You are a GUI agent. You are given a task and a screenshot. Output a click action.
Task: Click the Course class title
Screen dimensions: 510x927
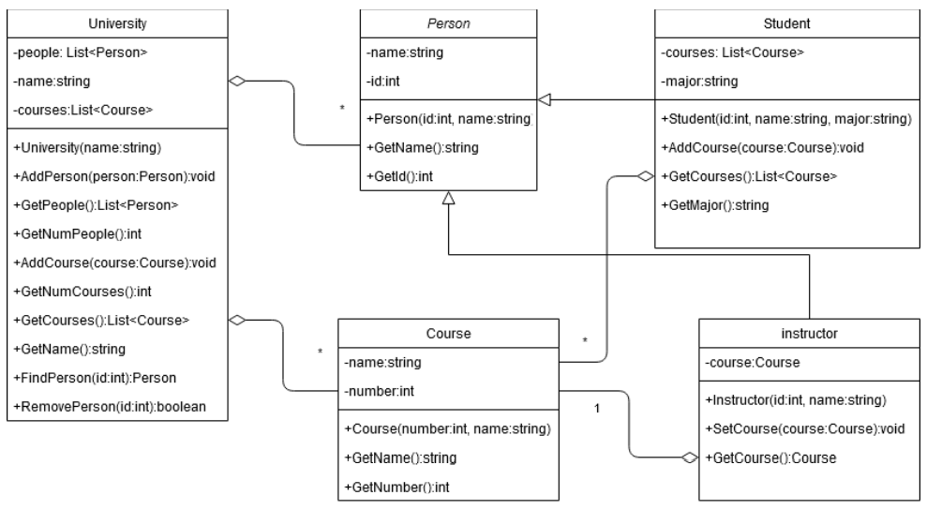coord(447,333)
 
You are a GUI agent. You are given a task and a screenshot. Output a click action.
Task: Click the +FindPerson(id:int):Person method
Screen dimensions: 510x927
coord(97,378)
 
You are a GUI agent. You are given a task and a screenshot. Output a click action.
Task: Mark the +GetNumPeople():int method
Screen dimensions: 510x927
coord(77,232)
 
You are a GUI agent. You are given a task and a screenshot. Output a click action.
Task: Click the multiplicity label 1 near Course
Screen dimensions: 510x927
coord(597,410)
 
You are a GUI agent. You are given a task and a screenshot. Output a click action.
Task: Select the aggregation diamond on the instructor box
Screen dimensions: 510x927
coord(690,458)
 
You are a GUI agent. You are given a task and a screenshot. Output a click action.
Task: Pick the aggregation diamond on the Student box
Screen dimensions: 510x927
coord(644,174)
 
